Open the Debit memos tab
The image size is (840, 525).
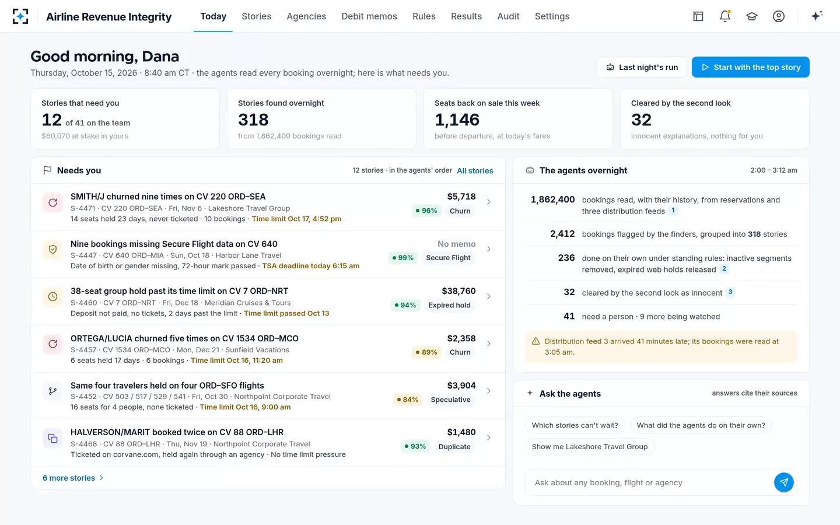click(x=369, y=16)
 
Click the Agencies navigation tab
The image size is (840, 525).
click(x=306, y=16)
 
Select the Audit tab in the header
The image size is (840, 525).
click(x=508, y=16)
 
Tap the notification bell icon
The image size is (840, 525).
click(x=725, y=16)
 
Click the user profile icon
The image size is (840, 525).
click(x=779, y=16)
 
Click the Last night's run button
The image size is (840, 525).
click(x=642, y=67)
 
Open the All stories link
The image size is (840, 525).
click(x=475, y=170)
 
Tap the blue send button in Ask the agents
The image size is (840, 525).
click(x=784, y=482)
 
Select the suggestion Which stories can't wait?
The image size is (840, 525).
click(x=575, y=425)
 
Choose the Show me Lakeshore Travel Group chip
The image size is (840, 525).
click(x=590, y=447)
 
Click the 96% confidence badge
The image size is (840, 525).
click(x=426, y=211)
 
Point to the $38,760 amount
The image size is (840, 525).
click(x=459, y=291)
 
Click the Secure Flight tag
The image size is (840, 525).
click(x=448, y=258)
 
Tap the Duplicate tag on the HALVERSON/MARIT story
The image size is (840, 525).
click(x=454, y=447)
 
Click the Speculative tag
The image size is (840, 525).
click(x=450, y=400)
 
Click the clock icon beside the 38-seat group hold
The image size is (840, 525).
click(x=52, y=296)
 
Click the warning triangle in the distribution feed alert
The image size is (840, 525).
click(x=535, y=341)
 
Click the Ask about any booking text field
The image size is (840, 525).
click(x=649, y=482)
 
